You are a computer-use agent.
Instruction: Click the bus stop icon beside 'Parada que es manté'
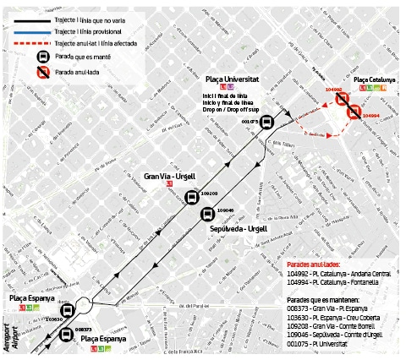40,57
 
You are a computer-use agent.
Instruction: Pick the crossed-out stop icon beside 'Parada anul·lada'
40,74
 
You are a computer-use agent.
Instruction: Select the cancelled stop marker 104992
342,99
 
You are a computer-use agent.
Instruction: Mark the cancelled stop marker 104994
354,111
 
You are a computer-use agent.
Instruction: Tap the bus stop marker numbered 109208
192,199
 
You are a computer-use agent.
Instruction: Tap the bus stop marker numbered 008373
65,335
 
